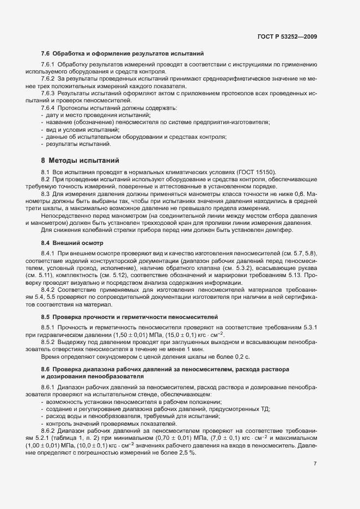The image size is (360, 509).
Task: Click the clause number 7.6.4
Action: [x=48, y=108]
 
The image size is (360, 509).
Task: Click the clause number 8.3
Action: [x=46, y=193]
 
